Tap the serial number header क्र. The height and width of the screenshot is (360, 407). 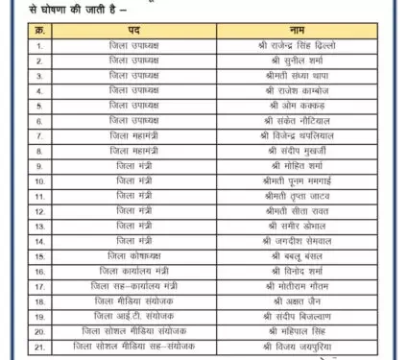[38, 29]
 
